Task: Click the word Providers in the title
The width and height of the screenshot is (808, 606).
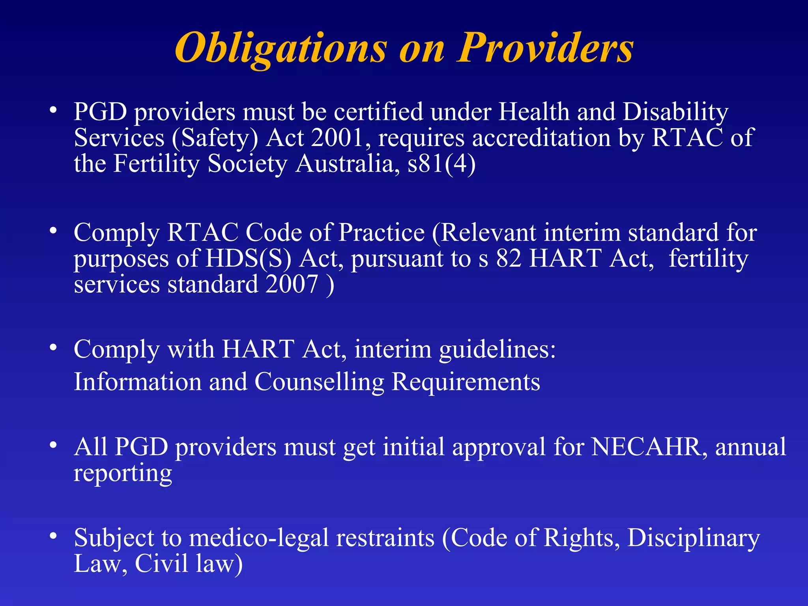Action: (546, 48)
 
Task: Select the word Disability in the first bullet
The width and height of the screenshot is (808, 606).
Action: (675, 112)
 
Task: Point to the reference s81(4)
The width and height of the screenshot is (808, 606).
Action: (441, 164)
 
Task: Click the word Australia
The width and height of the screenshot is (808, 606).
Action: (345, 164)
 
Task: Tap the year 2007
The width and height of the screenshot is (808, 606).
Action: (292, 284)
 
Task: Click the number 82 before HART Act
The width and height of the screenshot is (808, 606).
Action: (509, 259)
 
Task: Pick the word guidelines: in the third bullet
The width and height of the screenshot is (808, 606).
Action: (498, 350)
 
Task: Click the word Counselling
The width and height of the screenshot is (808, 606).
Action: (319, 382)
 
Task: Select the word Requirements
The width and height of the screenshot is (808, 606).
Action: (466, 382)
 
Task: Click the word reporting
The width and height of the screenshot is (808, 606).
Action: (123, 473)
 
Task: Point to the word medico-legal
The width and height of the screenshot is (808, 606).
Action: (259, 538)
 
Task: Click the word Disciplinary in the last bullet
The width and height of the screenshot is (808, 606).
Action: (693, 538)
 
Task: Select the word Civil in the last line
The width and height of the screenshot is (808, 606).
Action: (162, 564)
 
